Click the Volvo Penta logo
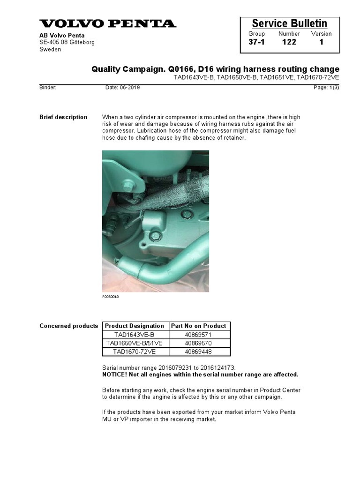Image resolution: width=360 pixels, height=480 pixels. (x=108, y=23)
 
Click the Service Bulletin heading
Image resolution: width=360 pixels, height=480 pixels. (x=289, y=23)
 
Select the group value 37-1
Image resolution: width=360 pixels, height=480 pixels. (x=256, y=42)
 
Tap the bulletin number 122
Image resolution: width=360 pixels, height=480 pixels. (x=289, y=42)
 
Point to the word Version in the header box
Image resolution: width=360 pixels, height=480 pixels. (x=321, y=34)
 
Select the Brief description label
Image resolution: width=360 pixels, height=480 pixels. (x=63, y=117)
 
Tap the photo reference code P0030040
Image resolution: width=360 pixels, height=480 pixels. (x=111, y=297)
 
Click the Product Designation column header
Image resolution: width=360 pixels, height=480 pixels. (x=135, y=326)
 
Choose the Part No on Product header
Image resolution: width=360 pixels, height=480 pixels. (x=199, y=326)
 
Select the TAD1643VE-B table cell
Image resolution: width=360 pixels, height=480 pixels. (x=135, y=335)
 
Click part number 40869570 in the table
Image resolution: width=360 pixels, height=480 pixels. (x=199, y=343)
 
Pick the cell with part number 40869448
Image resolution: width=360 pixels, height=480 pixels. (x=199, y=352)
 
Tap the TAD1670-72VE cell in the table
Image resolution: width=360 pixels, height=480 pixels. (x=135, y=352)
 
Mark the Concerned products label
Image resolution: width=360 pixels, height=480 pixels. (x=69, y=326)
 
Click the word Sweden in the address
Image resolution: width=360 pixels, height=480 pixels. (x=50, y=50)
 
